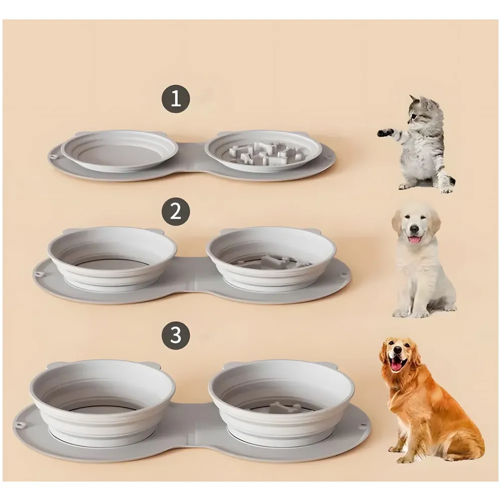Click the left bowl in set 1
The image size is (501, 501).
pyautogui.click(x=119, y=150)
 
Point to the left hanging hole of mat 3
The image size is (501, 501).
pyautogui.click(x=21, y=425)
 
